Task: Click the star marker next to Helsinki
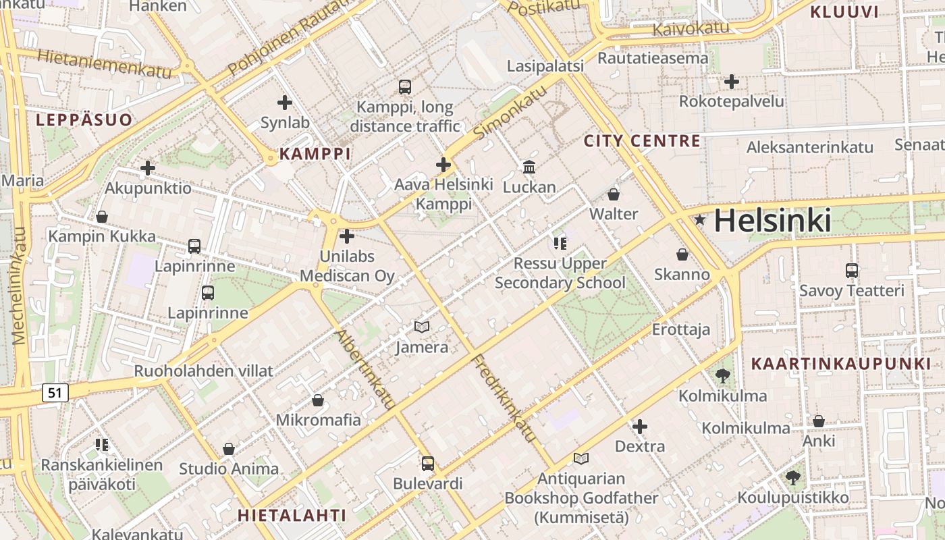click(700, 219)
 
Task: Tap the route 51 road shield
click(55, 392)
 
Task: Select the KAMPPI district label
click(315, 153)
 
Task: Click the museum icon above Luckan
click(529, 167)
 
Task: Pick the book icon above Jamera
click(422, 327)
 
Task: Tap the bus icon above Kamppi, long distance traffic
click(405, 86)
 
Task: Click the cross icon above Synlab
click(285, 103)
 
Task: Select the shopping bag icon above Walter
click(614, 194)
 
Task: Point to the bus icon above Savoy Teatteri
click(852, 271)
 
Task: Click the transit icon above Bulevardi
click(428, 464)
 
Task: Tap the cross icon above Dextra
click(640, 427)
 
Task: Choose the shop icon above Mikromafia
click(318, 400)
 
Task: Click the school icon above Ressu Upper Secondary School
click(560, 243)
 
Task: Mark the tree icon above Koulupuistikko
click(793, 478)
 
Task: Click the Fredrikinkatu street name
click(505, 398)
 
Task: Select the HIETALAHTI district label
click(292, 515)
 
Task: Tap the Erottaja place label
click(681, 329)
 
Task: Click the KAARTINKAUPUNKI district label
click(841, 364)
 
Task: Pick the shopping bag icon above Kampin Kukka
click(102, 217)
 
